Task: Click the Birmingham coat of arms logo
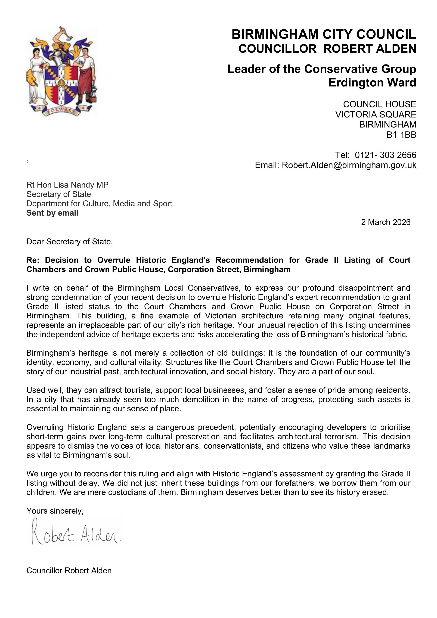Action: pos(62,72)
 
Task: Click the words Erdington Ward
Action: pos(372,83)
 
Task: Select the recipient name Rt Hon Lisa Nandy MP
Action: pos(67,185)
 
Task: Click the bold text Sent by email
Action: pos(52,213)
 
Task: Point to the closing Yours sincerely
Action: pos(55,511)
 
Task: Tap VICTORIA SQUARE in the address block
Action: pos(376,115)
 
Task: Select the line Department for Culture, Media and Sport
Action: pos(99,203)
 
